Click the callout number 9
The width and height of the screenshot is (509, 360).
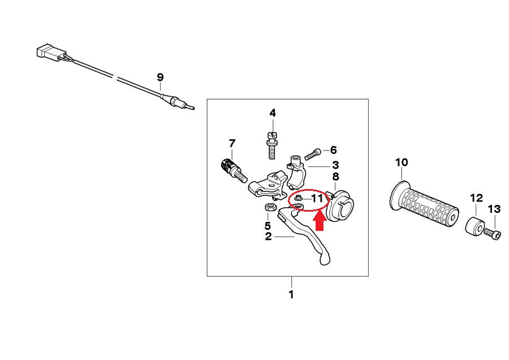pos(160,76)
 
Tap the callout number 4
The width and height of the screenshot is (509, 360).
pos(273,113)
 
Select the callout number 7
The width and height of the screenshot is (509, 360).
pos(231,143)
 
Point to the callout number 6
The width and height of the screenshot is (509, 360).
pos(333,150)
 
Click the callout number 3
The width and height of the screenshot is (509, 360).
pos(335,165)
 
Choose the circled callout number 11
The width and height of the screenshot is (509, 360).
pos(317,199)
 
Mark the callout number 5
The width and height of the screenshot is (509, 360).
pos(268,225)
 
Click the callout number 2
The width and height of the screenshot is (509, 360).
pos(269,237)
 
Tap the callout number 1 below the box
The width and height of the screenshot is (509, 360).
pos(291,294)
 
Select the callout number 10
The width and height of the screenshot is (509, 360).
pos(401,163)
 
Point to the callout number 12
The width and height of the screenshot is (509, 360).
pos(476,198)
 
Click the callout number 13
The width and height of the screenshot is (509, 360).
pos(494,209)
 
